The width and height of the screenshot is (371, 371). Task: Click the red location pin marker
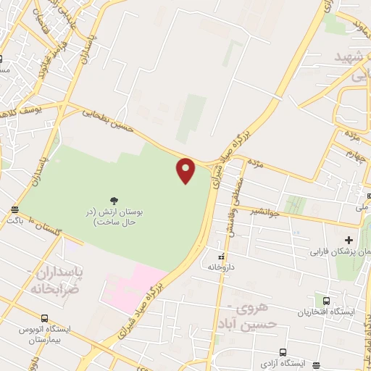click(x=186, y=170)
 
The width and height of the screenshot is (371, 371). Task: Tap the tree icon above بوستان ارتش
click(x=113, y=200)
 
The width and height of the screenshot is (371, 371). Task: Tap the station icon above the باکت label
click(x=14, y=209)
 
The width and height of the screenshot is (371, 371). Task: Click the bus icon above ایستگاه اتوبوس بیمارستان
click(x=45, y=317)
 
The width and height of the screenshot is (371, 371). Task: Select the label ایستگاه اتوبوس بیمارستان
click(x=45, y=334)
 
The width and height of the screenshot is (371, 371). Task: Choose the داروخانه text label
click(x=222, y=267)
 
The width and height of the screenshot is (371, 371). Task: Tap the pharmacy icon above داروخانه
click(x=222, y=257)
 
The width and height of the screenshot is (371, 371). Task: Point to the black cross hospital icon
click(x=349, y=240)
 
